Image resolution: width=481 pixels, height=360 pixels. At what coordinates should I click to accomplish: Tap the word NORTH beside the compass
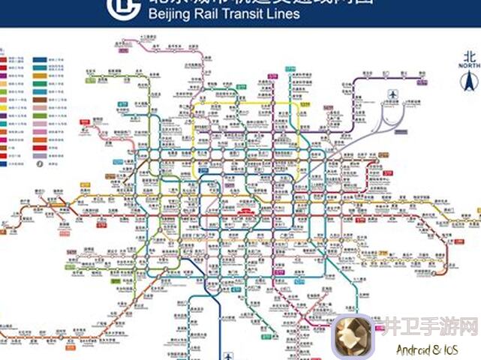(x=470, y=66)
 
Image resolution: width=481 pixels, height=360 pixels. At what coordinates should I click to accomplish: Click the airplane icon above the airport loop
(x=391, y=94)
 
